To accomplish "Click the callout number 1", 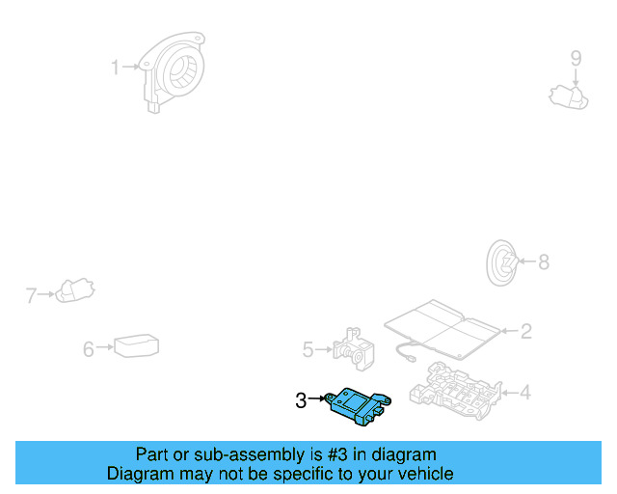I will click(x=115, y=68).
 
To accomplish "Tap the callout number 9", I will click(x=576, y=58).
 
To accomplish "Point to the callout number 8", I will click(x=543, y=261).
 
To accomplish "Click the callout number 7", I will click(x=31, y=294).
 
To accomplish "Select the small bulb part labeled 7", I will click(x=74, y=289).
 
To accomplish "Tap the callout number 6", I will click(x=89, y=348).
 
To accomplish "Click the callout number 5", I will click(x=308, y=348).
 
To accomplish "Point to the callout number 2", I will click(x=525, y=331).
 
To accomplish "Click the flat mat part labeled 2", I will click(x=443, y=325).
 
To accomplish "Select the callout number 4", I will click(x=525, y=393).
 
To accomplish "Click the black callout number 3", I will click(x=301, y=398).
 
